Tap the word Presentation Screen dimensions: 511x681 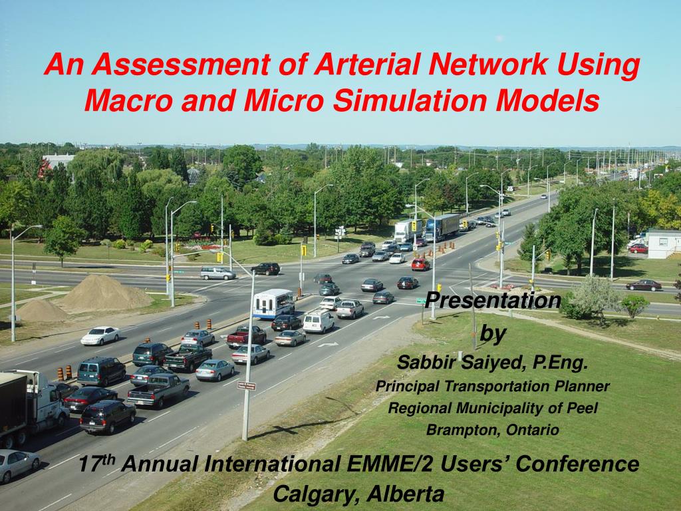point(493,300)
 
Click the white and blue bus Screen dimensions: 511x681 point(273,303)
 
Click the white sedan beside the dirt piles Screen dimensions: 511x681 point(100,335)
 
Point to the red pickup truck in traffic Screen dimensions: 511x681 point(246,337)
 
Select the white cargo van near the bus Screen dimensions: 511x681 point(319,321)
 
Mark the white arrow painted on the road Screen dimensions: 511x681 point(328,344)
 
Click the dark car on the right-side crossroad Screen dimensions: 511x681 point(643,285)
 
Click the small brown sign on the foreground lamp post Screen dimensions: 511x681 point(246,385)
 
